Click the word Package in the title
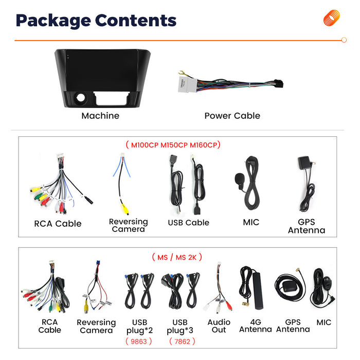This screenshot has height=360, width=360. click(x=53, y=21)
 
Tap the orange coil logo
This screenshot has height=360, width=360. click(x=332, y=17)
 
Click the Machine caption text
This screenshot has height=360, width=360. click(x=100, y=116)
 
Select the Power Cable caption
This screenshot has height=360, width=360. click(x=232, y=116)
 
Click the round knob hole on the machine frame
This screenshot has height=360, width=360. click(x=81, y=98)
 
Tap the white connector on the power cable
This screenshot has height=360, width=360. click(x=188, y=84)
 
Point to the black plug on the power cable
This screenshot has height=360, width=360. click(x=279, y=83)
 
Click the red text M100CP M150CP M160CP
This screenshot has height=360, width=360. click(x=174, y=145)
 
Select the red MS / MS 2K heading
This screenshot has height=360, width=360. click(x=177, y=257)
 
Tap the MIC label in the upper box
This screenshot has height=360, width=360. click(x=251, y=222)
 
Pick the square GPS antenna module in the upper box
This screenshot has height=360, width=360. click(x=304, y=163)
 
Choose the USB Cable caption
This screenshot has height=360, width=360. click(x=189, y=223)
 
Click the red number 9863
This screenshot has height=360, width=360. click(x=139, y=341)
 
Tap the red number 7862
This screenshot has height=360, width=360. click(x=182, y=341)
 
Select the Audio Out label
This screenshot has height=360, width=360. click(x=219, y=326)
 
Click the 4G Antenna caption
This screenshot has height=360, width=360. click(x=256, y=326)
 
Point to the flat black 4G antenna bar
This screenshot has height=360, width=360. click(x=258, y=291)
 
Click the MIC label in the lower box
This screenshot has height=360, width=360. click(x=323, y=322)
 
